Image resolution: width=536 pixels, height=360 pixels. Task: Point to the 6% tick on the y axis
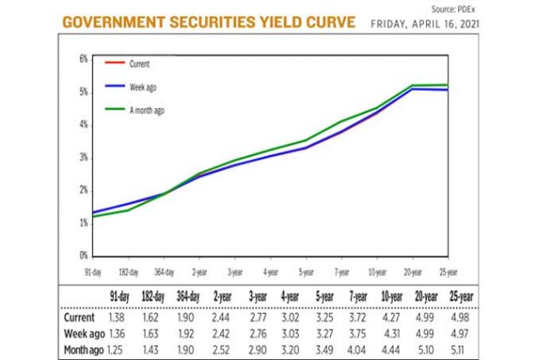[83, 59]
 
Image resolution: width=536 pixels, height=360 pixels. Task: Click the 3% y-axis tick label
[83, 157]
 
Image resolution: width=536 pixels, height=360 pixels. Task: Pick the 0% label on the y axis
[83, 255]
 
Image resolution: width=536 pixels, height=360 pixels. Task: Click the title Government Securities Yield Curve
[209, 21]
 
